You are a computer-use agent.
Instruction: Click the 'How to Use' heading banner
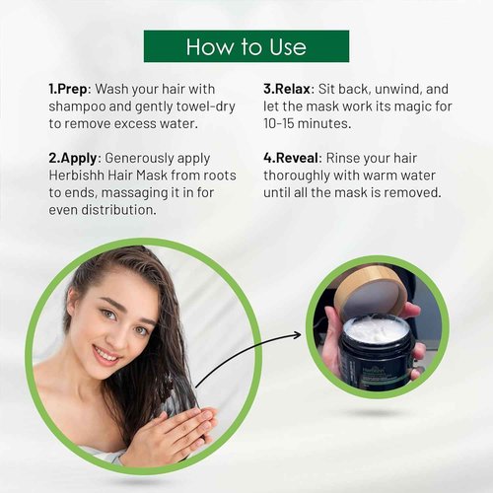pos(246,46)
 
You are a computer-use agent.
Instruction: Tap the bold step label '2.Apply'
pos(74,158)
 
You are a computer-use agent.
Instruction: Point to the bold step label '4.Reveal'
pos(292,158)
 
